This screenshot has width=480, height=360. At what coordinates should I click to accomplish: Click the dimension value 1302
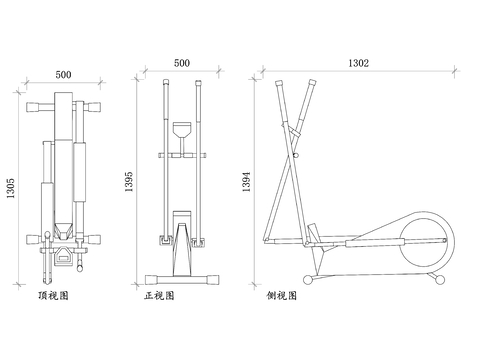[x=359, y=63]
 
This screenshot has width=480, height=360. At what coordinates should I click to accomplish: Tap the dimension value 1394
[x=246, y=182]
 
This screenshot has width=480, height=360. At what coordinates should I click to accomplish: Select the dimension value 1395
[x=129, y=182]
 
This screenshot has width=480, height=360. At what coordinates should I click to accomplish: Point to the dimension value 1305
[x=11, y=188]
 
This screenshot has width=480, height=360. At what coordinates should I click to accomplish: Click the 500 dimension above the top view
[x=63, y=74]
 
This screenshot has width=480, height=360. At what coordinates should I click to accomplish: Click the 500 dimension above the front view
[x=182, y=63]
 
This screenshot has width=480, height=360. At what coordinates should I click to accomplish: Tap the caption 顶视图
[x=53, y=295]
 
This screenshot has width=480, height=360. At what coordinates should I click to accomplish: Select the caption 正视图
[x=159, y=295]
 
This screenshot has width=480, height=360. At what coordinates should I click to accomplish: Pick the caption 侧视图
[x=281, y=295]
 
